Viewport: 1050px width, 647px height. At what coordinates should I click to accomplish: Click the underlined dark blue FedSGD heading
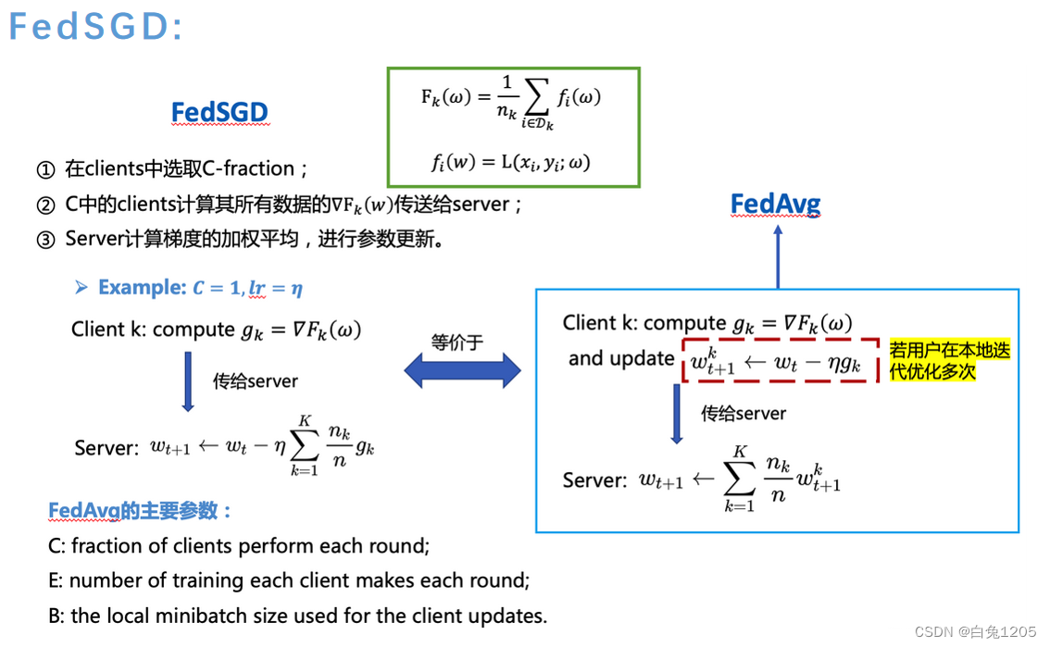219,113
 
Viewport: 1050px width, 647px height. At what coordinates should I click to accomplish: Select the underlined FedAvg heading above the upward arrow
775,204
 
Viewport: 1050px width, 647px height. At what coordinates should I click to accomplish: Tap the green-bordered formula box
513,127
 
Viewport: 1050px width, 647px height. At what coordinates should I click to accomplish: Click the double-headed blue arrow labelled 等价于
462,371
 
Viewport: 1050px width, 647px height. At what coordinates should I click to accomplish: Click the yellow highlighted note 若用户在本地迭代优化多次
949,360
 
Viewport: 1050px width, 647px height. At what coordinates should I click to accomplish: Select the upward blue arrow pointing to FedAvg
778,256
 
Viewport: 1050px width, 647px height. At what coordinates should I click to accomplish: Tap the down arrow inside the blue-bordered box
676,414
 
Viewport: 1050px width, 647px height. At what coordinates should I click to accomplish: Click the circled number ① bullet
46,170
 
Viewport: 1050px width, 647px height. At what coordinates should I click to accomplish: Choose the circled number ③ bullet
46,240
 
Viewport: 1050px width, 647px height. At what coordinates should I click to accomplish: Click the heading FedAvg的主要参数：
140,511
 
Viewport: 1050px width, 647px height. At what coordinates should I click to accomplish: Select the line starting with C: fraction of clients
239,546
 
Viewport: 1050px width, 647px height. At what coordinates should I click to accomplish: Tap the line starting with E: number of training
289,581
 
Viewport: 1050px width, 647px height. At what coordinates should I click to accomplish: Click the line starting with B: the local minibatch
297,616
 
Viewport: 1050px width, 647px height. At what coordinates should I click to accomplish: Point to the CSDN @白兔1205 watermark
975,631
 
